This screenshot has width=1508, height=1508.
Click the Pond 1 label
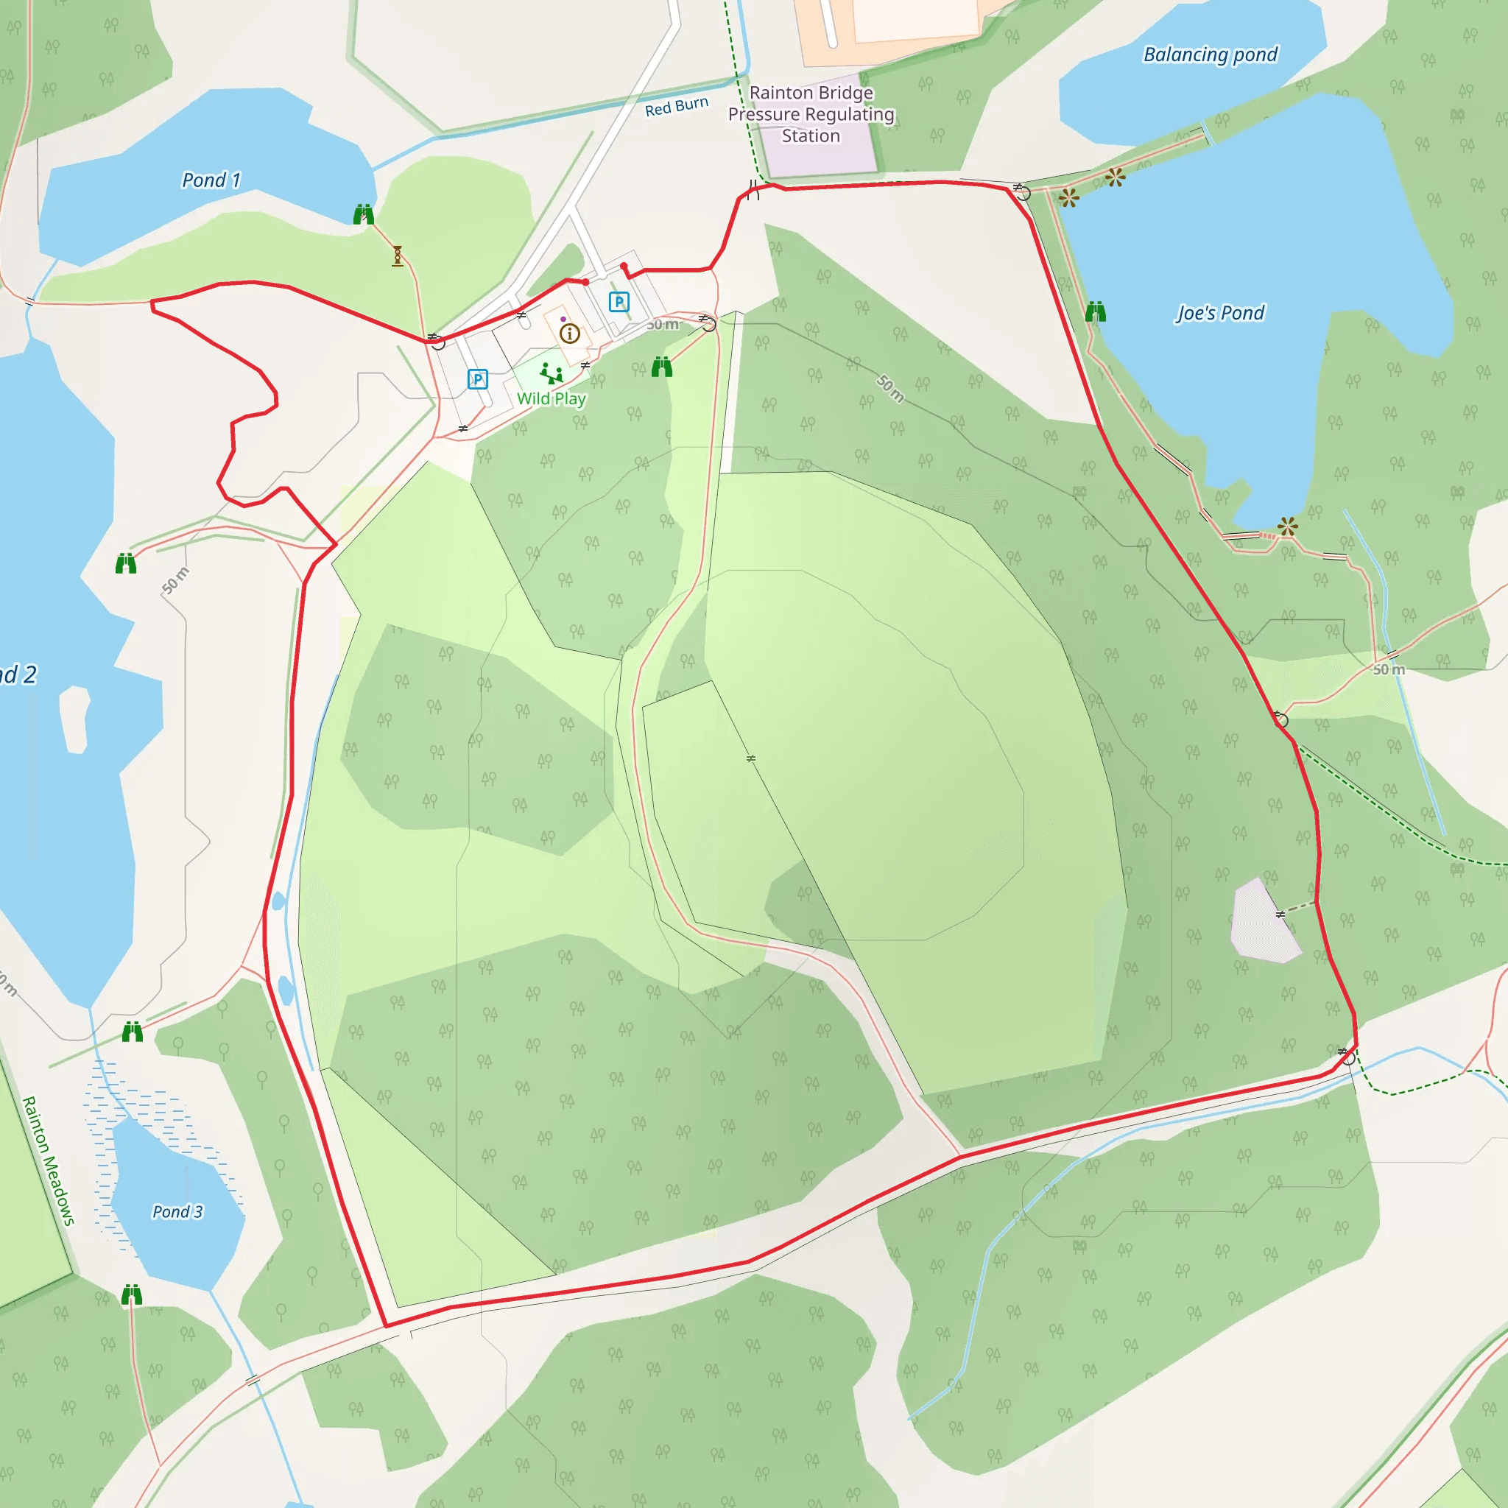pos(211,180)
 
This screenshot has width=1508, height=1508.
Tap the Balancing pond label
pos(1210,54)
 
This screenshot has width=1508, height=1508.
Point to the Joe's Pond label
pos(1220,313)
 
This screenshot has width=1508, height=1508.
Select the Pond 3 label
pos(177,1211)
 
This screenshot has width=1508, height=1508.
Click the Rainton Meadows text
pos(49,1160)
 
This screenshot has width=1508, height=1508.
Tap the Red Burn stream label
pos(676,107)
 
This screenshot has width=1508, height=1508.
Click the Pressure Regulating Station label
pos(811,114)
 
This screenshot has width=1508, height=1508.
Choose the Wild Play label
pos(551,399)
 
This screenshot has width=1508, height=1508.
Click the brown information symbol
pos(570,334)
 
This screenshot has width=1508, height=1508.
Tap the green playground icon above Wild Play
pos(551,373)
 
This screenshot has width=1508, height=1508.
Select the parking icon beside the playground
pos(477,379)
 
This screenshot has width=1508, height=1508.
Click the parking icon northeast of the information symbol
pos(619,301)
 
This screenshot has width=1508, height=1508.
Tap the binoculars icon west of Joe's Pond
pos(1095,312)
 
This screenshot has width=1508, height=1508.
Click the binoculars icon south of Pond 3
pos(132,1296)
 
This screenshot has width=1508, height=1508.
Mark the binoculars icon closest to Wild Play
pos(662,367)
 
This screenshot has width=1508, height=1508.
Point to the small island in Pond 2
pos(74,719)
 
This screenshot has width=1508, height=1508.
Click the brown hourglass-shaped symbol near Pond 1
pos(398,256)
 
